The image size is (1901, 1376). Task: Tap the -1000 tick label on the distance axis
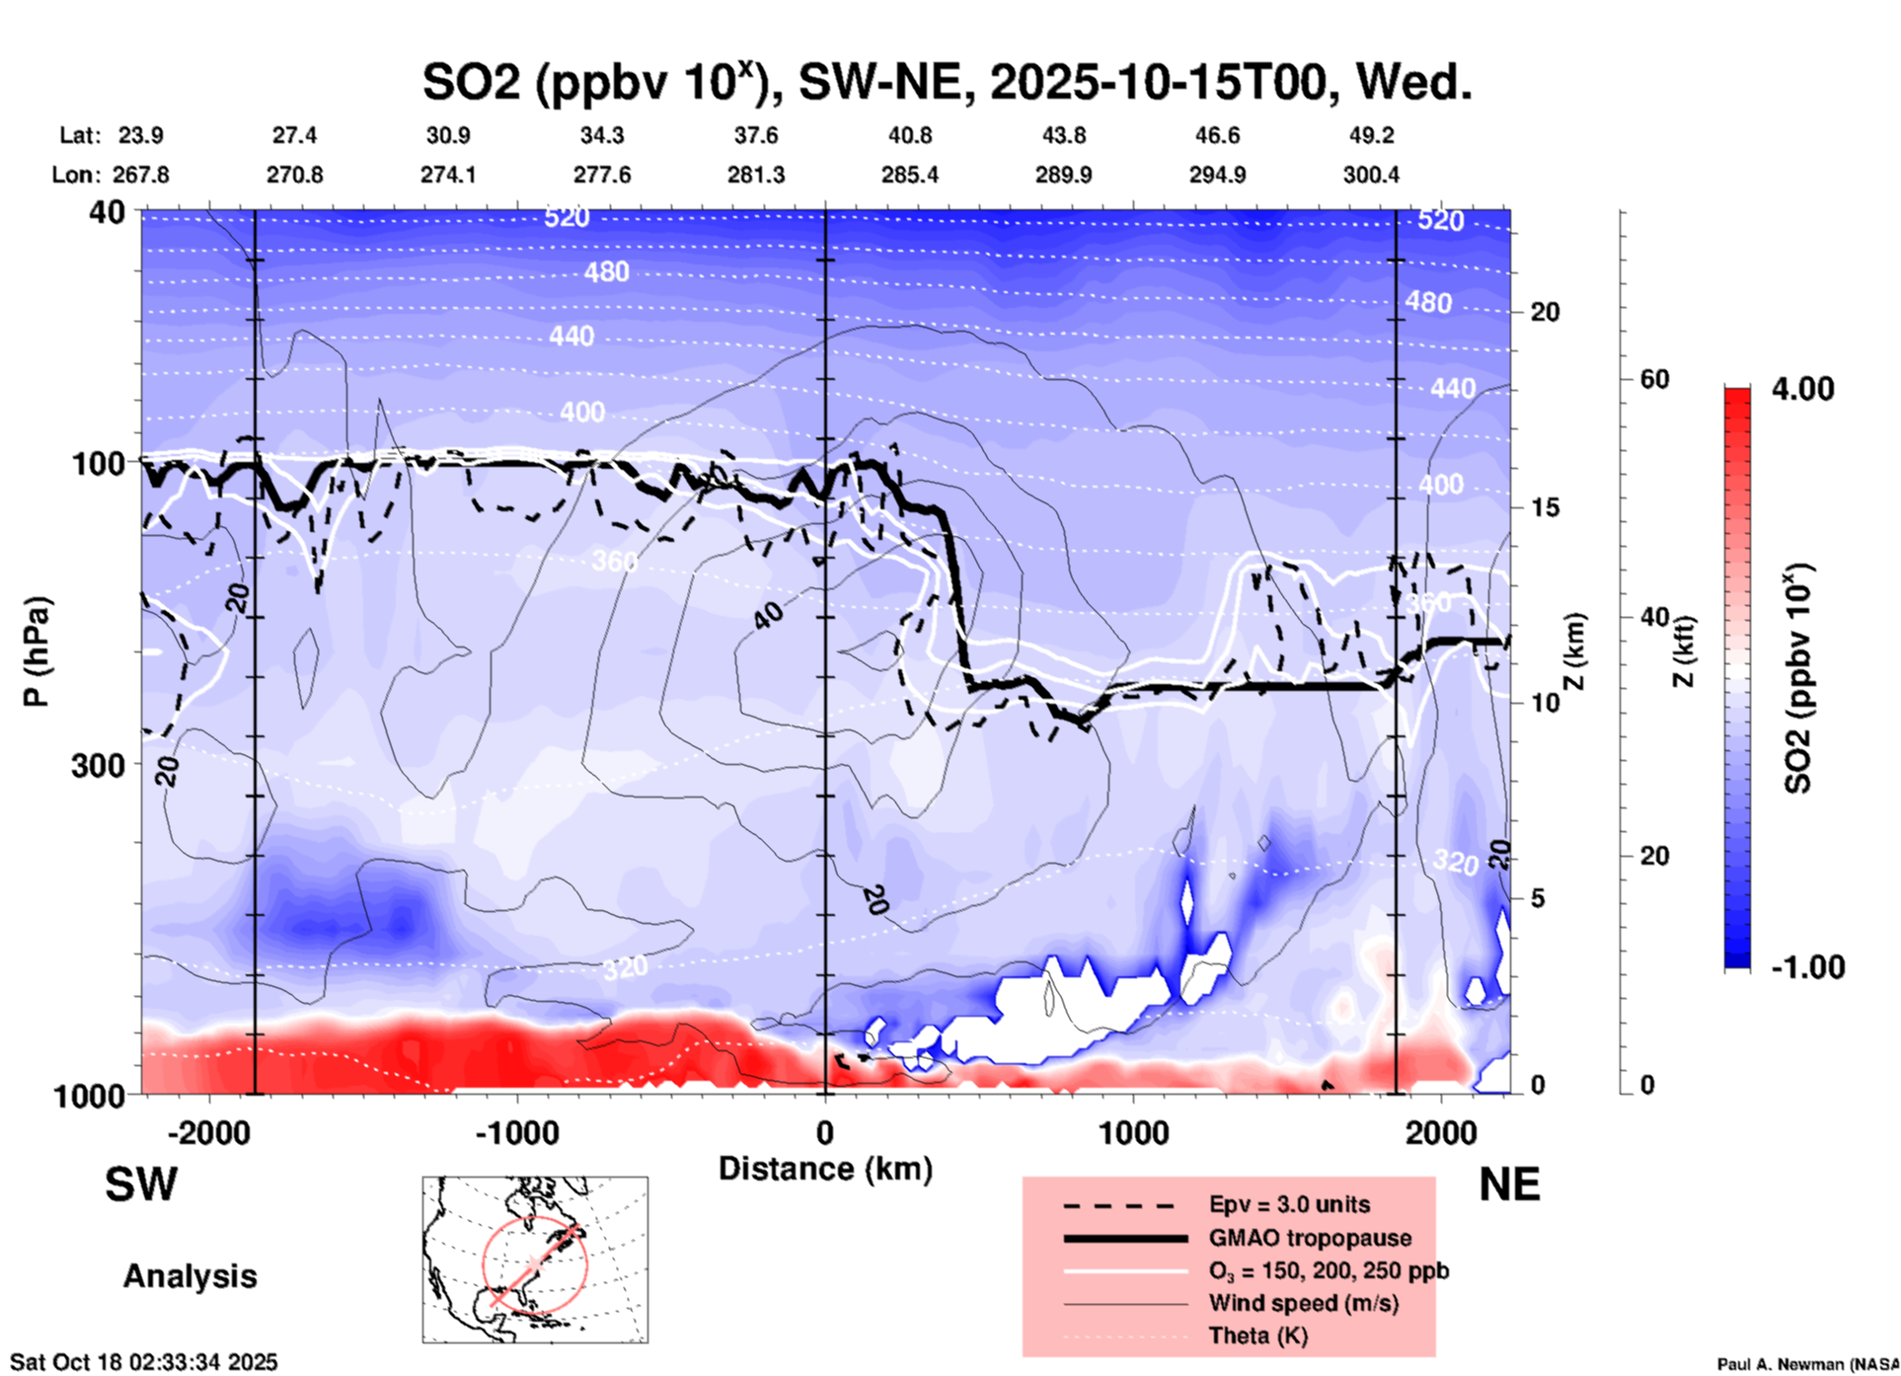coord(516,1133)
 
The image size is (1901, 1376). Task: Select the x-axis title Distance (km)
coord(825,1169)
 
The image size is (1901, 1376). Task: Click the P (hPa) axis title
coord(37,651)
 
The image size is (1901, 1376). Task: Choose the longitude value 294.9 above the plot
coord(1217,175)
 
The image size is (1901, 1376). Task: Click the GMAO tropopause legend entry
coord(1310,1238)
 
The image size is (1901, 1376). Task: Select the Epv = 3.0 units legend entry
coord(1289,1204)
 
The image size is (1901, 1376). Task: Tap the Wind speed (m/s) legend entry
coord(1303,1303)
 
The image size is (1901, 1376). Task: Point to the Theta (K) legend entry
coord(1257,1336)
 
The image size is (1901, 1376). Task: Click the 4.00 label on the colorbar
coord(1802,389)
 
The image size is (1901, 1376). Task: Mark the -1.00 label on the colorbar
coord(1807,967)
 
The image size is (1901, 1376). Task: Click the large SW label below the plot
coord(141,1185)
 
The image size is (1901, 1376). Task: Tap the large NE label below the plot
coord(1509,1185)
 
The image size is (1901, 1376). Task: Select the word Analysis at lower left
coord(190,1276)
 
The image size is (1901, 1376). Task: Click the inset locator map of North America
coord(535,1260)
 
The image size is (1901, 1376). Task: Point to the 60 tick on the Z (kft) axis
coord(1654,379)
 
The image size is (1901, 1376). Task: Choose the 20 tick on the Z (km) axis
coord(1545,312)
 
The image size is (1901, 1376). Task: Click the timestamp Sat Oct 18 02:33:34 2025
coord(144,1362)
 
